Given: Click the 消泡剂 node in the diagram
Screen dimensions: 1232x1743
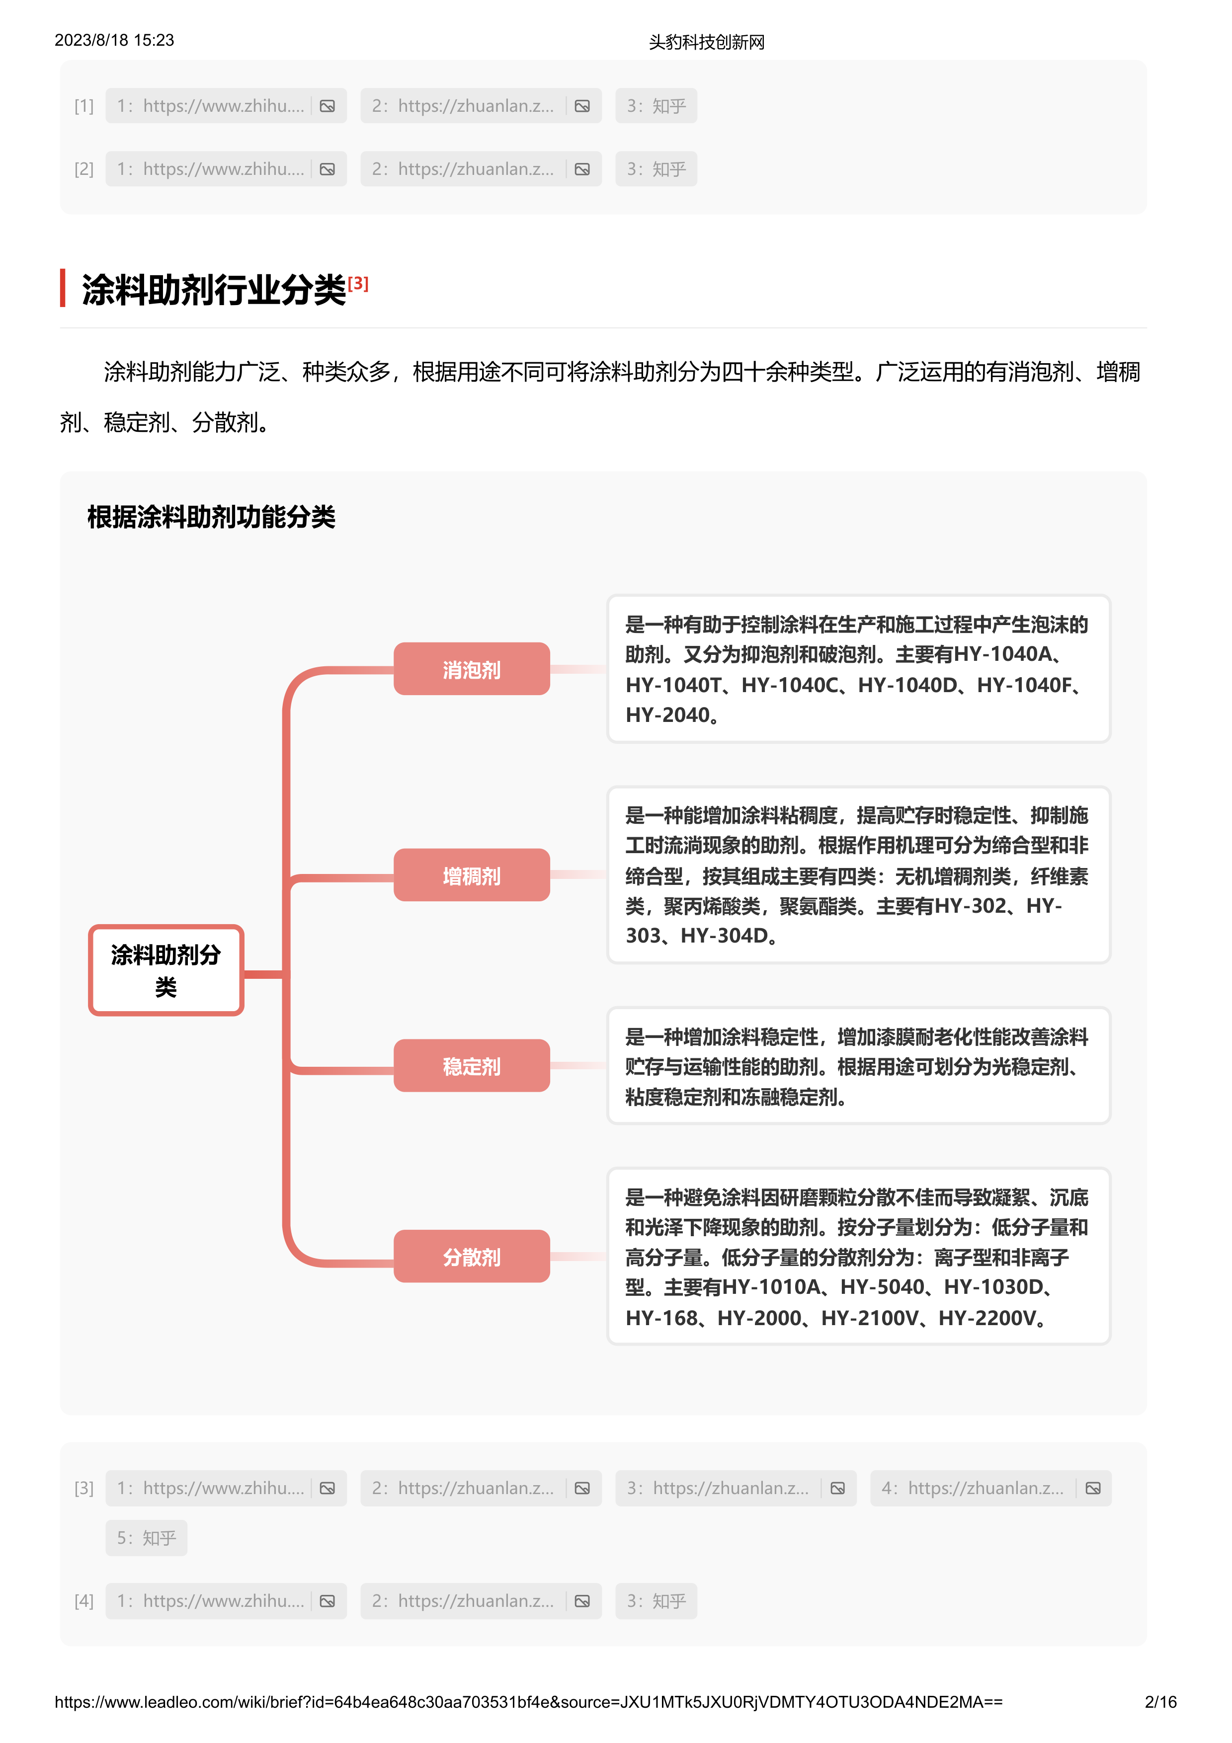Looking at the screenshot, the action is coord(472,669).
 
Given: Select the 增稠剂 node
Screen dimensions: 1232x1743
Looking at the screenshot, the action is coord(472,875).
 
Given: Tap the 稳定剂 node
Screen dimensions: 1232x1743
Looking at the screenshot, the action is coord(472,1066).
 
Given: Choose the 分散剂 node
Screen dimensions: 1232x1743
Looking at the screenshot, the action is coord(472,1257).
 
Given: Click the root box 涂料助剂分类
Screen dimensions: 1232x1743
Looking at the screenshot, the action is coord(165,970).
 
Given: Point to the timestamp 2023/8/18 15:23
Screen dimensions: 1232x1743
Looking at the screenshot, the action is coord(114,40).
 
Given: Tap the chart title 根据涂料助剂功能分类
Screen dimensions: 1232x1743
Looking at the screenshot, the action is coord(211,517).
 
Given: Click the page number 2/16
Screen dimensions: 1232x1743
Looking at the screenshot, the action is coord(1160,1701).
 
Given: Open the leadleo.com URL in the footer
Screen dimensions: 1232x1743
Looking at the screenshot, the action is coord(528,1702).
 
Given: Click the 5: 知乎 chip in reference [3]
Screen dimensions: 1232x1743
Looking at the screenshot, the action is coord(147,1537).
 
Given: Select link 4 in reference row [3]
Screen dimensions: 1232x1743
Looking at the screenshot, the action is coord(990,1488).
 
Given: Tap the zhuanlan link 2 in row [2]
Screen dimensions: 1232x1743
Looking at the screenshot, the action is coord(481,168).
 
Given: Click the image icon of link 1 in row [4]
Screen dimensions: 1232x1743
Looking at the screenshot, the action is coord(327,1601).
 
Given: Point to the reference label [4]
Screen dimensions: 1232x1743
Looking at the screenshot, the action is coord(84,1601).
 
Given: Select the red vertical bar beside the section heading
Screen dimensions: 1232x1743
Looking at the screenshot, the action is coord(63,289).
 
